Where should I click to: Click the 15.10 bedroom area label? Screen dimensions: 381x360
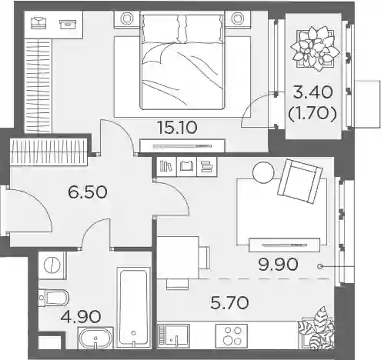pos(178,128)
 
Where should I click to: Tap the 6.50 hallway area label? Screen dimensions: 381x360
pos(87,192)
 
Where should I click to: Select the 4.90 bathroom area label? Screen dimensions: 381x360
pos(81,316)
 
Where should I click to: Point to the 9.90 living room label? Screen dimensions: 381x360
pos(278,265)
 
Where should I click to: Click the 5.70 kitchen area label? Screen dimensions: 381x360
pos(229,302)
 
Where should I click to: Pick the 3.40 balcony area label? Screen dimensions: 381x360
pos(313,92)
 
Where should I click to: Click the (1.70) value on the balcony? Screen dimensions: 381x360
pos(312,113)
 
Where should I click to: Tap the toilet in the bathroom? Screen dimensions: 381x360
pos(54,298)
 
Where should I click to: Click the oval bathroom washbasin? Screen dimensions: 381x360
pos(95,338)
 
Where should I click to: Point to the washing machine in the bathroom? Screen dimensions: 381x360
pos(52,265)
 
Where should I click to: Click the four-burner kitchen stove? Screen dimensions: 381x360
pos(232,336)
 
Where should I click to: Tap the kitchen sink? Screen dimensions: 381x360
pos(173,336)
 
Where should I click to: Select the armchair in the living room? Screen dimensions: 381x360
pos(300,181)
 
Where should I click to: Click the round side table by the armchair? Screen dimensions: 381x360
pos(263,172)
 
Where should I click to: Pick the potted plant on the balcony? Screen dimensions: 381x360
pos(315,48)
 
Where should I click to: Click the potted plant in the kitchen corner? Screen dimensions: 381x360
pos(317,328)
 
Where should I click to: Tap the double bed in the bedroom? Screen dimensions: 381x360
pos(182,62)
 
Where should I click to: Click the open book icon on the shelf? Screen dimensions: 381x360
pos(186,167)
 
